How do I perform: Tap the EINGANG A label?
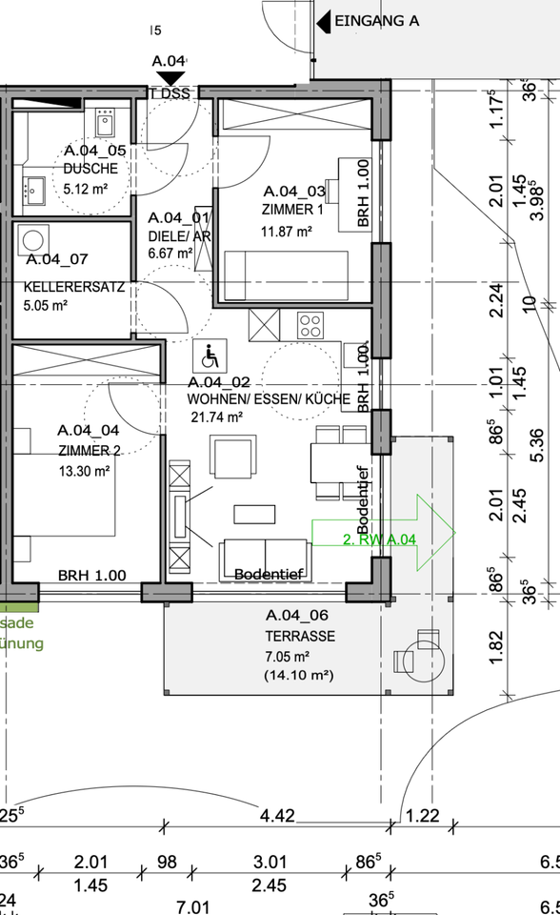point(376,19)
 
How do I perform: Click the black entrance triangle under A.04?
point(171,78)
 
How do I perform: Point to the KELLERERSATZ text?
point(73,287)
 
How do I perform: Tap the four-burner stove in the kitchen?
point(310,326)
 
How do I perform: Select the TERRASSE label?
point(300,636)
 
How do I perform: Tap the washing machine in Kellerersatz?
point(36,239)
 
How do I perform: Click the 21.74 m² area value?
point(217,417)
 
